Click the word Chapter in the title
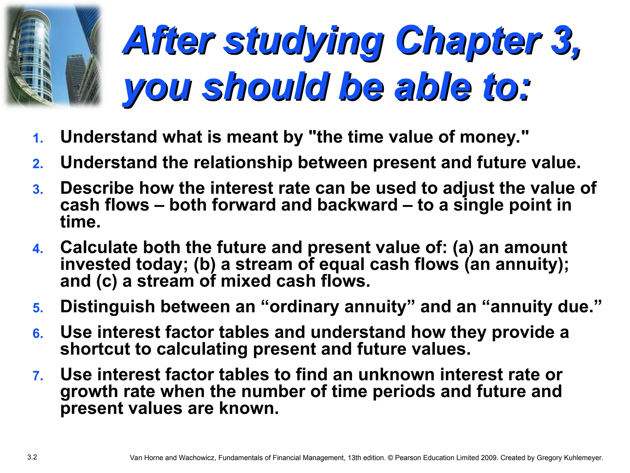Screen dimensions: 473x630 coord(468,42)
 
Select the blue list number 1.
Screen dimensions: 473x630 coord(38,138)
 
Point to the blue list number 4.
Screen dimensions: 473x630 coord(38,249)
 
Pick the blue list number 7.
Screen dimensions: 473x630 coord(38,376)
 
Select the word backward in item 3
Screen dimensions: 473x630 coord(357,205)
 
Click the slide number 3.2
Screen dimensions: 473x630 coord(32,457)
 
